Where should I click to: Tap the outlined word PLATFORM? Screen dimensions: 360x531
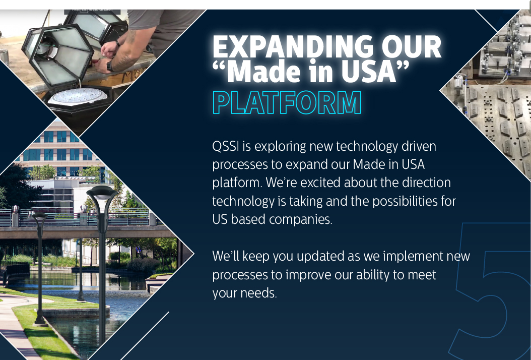pyautogui.click(x=287, y=103)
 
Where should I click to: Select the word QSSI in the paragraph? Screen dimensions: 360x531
pyautogui.click(x=226, y=147)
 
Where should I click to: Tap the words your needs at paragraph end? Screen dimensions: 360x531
pyautogui.click(x=244, y=293)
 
